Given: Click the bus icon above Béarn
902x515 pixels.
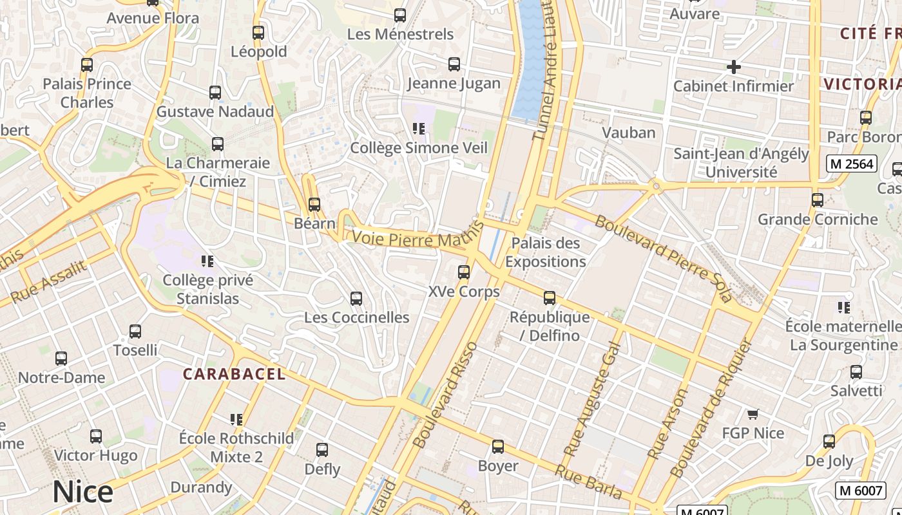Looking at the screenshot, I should [314, 205].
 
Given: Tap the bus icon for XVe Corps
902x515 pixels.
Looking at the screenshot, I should [464, 272].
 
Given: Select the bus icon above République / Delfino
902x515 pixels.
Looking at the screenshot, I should [550, 298].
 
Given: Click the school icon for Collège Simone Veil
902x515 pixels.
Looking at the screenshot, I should [419, 129].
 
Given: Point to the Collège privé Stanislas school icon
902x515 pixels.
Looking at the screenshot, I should [207, 261].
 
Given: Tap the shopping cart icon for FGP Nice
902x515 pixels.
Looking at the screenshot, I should [753, 414].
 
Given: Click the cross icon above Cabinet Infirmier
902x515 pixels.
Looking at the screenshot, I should [733, 66].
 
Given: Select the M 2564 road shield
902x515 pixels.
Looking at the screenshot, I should [852, 164].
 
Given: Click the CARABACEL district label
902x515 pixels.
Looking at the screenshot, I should [234, 374].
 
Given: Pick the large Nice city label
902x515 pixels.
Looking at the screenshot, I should [83, 492].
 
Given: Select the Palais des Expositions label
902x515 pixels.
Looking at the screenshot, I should [546, 252].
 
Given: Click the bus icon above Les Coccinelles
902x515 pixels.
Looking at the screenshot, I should [356, 299].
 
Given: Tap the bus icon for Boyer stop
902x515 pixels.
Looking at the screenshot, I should [498, 447].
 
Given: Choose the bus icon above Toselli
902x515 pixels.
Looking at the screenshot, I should [135, 332].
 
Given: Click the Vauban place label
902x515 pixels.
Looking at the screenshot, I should [628, 133].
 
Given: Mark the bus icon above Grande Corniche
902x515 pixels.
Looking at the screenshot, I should [818, 200].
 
